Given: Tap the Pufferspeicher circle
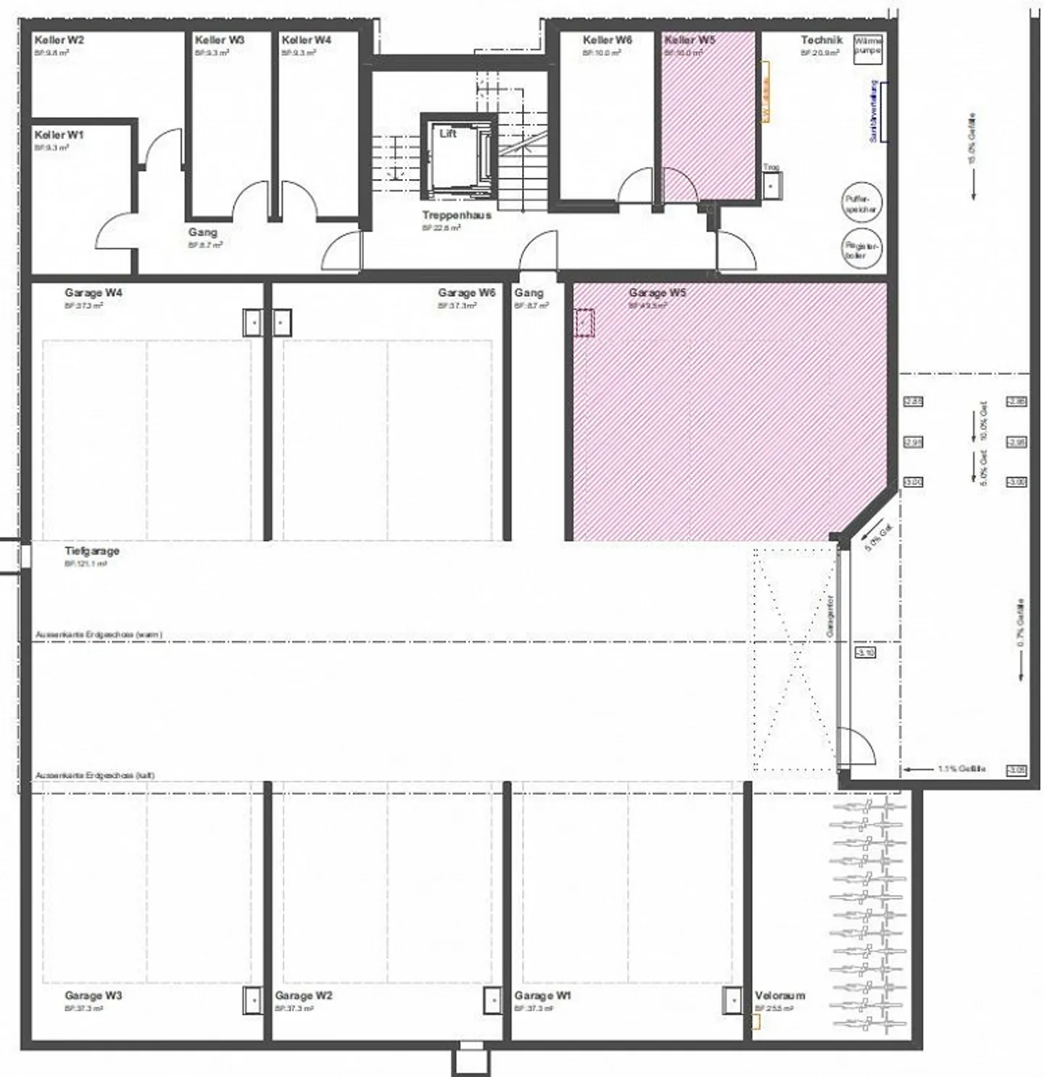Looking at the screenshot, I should point(861,202).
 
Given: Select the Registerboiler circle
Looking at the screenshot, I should point(861,249).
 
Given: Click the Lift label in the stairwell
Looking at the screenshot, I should point(448,133).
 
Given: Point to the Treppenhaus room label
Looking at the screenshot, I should point(457,215).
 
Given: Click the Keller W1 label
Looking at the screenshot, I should point(59,135).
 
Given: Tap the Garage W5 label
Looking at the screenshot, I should point(657,293).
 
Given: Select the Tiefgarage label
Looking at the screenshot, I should point(92,550).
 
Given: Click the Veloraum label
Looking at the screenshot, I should point(779,995).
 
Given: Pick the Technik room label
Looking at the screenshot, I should point(821,41).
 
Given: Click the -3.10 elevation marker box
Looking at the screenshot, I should point(866,652).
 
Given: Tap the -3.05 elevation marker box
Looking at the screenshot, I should point(1016,770).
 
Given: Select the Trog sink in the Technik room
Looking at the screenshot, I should point(771,184).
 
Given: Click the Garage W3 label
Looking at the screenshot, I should point(93,995).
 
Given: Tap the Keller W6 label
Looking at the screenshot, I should point(607,41).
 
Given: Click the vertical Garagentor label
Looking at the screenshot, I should point(830,616).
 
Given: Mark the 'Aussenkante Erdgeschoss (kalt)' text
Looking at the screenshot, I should point(95,775).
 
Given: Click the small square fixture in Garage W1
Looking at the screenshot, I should point(732,1000).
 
